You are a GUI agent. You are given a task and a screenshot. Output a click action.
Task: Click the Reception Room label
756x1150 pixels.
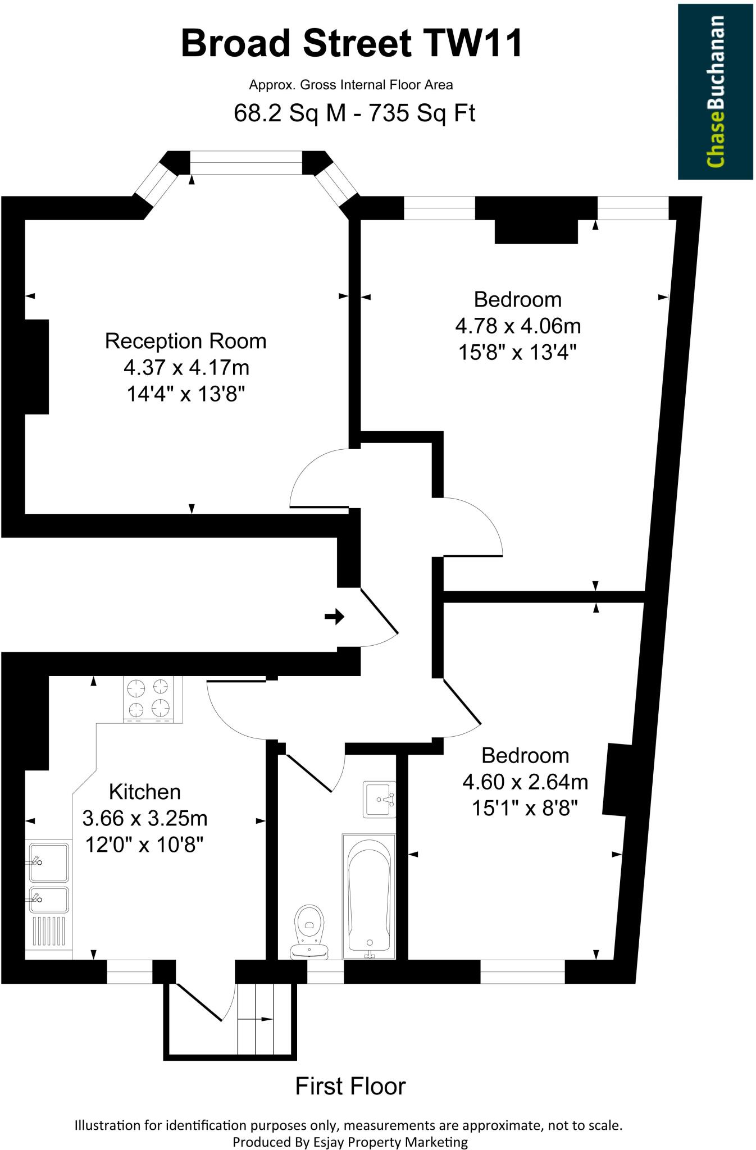point(185,341)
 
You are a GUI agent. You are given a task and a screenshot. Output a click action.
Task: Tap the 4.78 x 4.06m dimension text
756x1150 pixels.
point(517,326)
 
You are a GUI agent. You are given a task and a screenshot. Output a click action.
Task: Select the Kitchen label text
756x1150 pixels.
point(145,792)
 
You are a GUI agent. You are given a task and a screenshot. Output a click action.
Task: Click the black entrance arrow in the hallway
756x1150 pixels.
point(334,617)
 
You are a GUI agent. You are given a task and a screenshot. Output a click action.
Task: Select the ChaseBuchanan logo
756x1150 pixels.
point(715,92)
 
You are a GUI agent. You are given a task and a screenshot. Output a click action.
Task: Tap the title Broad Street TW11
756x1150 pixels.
point(352,44)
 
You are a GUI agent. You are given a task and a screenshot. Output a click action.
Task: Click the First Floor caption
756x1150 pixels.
point(350,1086)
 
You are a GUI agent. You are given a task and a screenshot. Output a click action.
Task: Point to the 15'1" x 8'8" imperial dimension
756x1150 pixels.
point(525,808)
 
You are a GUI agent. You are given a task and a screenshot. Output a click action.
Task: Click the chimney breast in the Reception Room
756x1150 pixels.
point(37,367)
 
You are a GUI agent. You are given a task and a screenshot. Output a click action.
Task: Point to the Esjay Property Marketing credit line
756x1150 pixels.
point(350,1142)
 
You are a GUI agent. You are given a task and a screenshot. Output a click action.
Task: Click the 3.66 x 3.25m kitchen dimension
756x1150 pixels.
point(145,818)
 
